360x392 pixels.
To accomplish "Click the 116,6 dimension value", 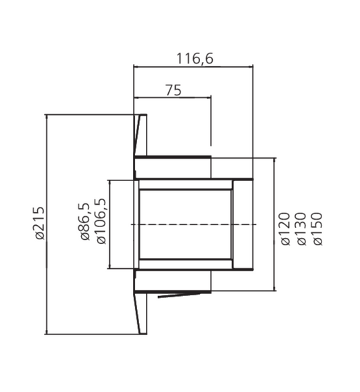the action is tap(195, 59).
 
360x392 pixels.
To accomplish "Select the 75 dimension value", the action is tap(174, 91).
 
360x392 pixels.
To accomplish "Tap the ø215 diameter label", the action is tap(40, 223).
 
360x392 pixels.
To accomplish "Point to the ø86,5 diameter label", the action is tap(84, 222).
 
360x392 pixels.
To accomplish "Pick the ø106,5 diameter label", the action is tap(101, 221).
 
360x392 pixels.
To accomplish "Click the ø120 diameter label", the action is tap(285, 228).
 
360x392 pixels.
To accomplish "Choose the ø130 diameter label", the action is tap(301, 228).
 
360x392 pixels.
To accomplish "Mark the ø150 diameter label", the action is tap(317, 228).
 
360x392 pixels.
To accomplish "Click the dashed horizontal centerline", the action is tap(194, 224).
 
